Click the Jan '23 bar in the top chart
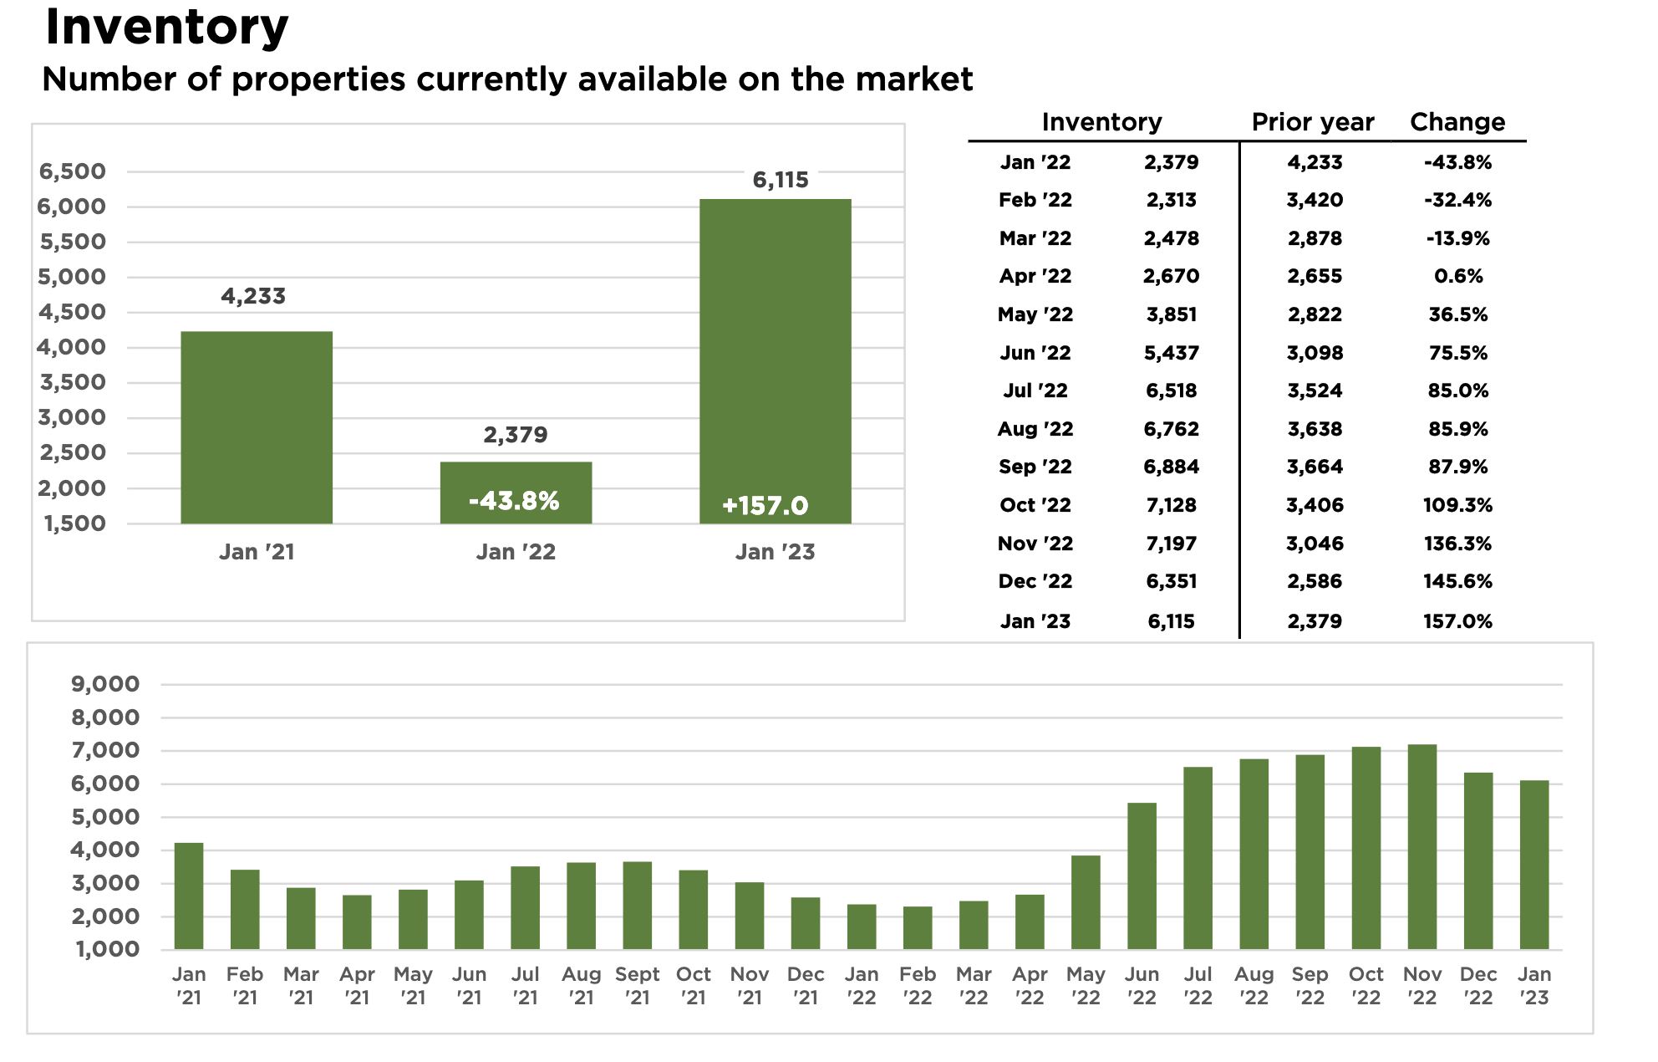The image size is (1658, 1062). click(x=775, y=361)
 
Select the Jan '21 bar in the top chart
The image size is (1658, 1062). click(x=257, y=427)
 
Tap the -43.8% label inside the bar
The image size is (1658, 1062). click(x=514, y=501)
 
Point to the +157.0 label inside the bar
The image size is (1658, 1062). click(x=765, y=506)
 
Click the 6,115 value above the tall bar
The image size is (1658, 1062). click(x=781, y=180)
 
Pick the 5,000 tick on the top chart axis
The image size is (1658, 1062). click(x=72, y=277)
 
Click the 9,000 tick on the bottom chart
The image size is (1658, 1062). click(x=105, y=684)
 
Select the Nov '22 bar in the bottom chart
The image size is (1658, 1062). click(x=1422, y=847)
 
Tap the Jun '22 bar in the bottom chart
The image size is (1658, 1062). click(x=1142, y=876)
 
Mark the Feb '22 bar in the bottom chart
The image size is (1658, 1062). click(x=918, y=928)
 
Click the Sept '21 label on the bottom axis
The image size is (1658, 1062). click(x=637, y=986)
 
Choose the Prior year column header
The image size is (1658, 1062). click(x=1313, y=122)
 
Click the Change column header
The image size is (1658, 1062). click(x=1457, y=122)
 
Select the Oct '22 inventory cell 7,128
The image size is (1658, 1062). click(x=1171, y=505)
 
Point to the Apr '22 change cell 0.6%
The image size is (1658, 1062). click(x=1458, y=276)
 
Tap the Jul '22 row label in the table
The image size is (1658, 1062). click(x=1035, y=391)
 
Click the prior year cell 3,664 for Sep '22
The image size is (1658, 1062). click(x=1315, y=467)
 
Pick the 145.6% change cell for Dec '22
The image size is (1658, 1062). click(x=1457, y=581)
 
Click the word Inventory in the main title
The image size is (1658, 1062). click(x=166, y=27)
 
